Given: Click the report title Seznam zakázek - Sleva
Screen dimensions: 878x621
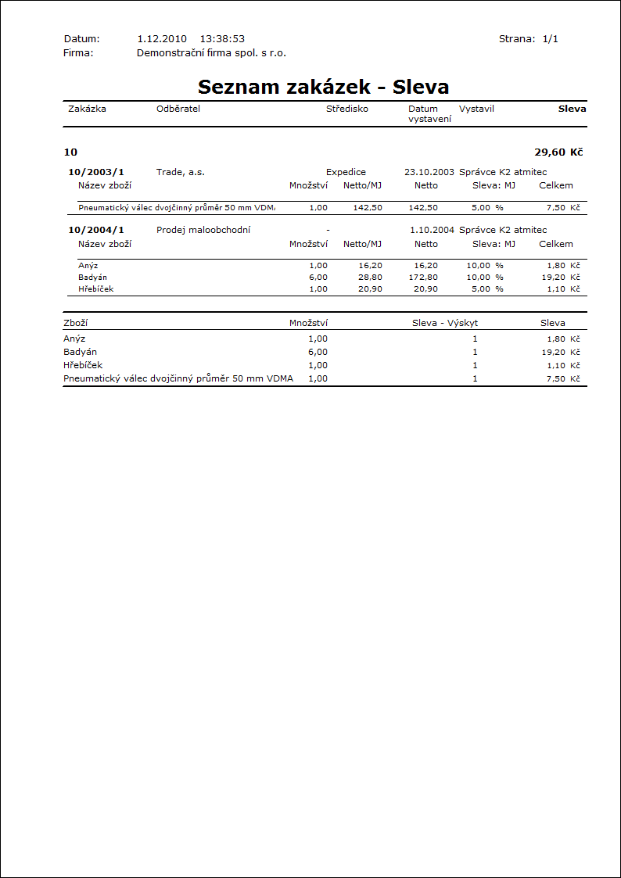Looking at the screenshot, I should point(323,86).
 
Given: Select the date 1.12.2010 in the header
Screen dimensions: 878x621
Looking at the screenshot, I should point(161,38).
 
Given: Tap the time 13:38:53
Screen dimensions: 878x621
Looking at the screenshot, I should point(222,38).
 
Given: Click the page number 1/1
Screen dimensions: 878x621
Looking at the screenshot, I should point(550,38).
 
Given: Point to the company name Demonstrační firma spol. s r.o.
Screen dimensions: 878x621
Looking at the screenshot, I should point(211,53).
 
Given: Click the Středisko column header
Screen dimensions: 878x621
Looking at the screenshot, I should point(346,109).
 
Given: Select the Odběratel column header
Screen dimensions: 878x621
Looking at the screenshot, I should point(178,109).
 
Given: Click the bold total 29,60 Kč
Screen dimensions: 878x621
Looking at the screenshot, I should point(558,152).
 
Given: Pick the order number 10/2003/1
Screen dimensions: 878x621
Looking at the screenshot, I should point(96,172).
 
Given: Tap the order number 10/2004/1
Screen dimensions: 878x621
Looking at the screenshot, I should point(96,230).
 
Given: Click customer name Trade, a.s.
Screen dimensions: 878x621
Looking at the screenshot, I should point(180,172).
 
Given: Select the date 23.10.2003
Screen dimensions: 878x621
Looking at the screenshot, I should point(429,172).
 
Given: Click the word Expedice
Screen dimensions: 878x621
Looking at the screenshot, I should point(346,172).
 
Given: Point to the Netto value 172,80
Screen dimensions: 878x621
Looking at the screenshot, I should point(423,278).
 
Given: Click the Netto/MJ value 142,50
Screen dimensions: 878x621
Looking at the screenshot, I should point(368,208).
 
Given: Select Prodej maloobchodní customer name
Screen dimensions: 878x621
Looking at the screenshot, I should point(203,230).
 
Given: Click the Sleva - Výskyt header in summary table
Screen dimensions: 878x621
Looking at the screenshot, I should point(445,323).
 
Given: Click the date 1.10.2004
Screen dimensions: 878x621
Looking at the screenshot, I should point(432,230).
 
